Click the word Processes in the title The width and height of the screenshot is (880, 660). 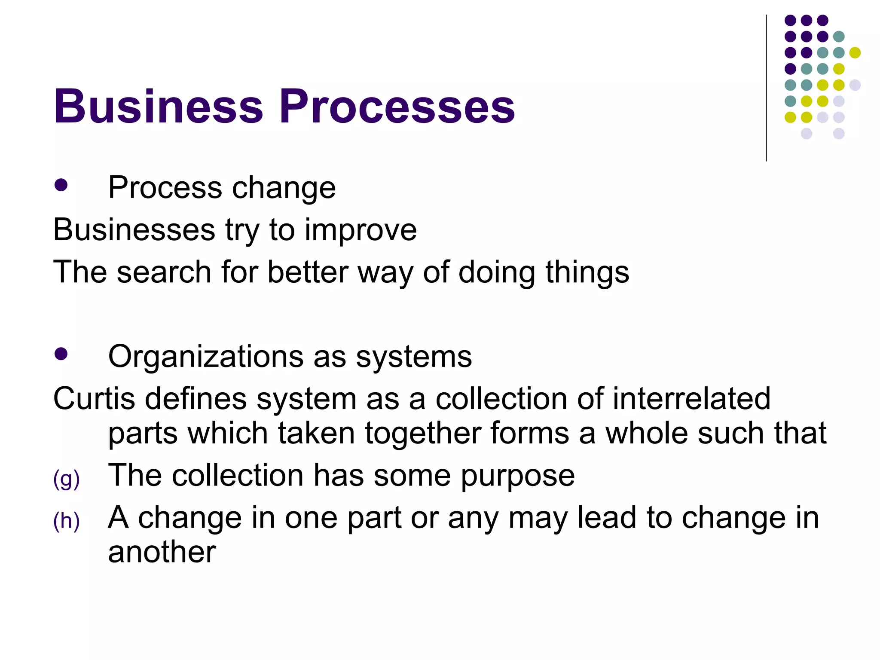[x=397, y=106]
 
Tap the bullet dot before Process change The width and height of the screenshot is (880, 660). [x=61, y=185]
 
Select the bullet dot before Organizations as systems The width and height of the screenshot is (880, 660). [x=61, y=354]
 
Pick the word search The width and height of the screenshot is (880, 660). [x=164, y=272]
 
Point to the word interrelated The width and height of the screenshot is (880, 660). [x=691, y=398]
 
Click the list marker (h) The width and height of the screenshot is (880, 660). [x=66, y=521]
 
